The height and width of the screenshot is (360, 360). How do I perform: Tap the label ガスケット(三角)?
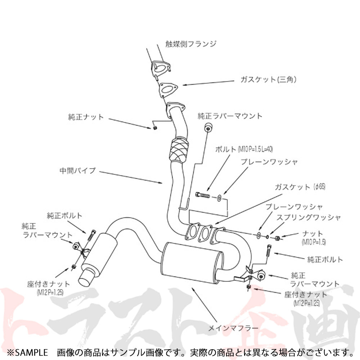tap(268, 80)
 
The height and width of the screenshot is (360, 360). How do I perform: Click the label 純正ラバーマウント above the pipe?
tap(230, 116)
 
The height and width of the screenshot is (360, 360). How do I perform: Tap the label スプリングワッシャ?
tap(309, 217)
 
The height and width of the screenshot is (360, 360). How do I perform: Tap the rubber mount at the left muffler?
tap(77, 246)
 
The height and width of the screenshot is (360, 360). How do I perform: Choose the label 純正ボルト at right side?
tap(325, 259)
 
